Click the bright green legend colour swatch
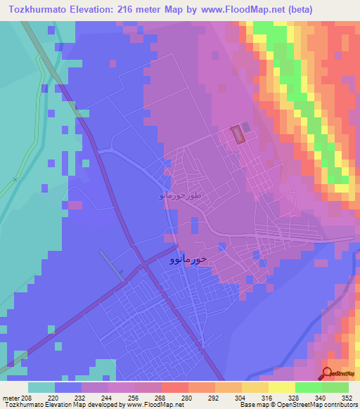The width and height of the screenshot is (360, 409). coord(308,387)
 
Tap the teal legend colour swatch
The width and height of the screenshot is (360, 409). coord(41,387)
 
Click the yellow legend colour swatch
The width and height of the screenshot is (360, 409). coord(281,387)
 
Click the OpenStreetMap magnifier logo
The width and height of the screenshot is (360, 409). coord(328,374)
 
